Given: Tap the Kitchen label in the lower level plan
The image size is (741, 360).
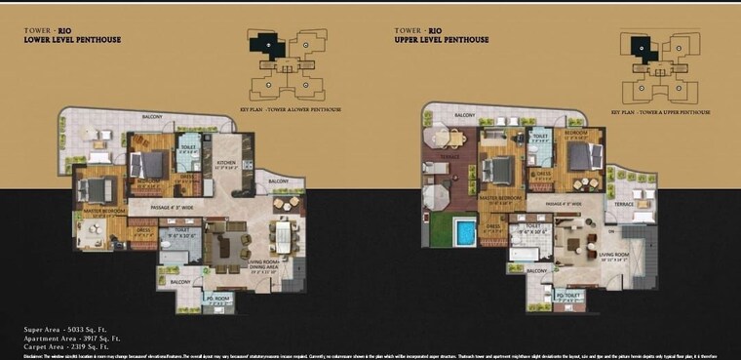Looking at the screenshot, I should click(225, 163).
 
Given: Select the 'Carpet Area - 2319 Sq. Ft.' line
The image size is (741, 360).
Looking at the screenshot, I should click(72, 345).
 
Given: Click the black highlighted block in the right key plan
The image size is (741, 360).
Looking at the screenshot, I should click(641, 45).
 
